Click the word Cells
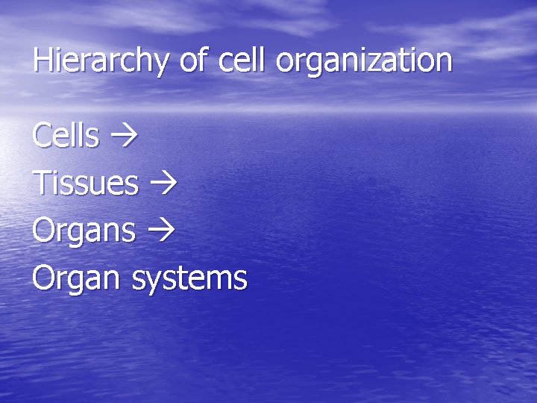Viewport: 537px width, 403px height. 66,136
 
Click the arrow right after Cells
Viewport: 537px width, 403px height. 120,137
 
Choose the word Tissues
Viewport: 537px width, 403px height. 85,183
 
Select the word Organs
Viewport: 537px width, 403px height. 84,231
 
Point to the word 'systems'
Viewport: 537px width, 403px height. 189,279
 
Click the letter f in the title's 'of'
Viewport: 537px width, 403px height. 203,59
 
